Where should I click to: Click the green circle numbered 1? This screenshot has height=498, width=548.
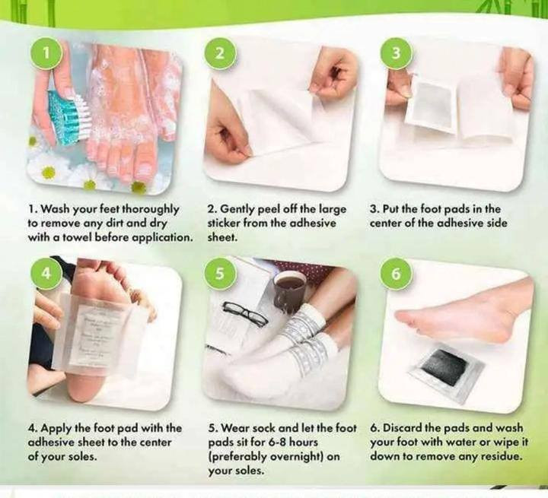pyautogui.click(x=46, y=53)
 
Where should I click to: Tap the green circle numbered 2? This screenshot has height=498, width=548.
pyautogui.click(x=219, y=53)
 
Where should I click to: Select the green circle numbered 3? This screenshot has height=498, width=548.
pyautogui.click(x=396, y=53)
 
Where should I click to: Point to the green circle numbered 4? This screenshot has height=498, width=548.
pyautogui.click(x=46, y=274)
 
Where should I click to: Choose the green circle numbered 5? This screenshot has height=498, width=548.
pyautogui.click(x=219, y=274)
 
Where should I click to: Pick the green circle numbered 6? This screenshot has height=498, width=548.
pyautogui.click(x=396, y=274)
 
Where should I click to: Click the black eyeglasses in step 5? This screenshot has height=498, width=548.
pyautogui.click(x=245, y=313)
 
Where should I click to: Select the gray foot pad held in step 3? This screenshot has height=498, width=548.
pyautogui.click(x=432, y=106)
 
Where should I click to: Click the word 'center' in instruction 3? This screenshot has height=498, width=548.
pyautogui.click(x=386, y=223)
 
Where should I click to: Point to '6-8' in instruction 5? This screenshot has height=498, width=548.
pyautogui.click(x=279, y=442)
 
